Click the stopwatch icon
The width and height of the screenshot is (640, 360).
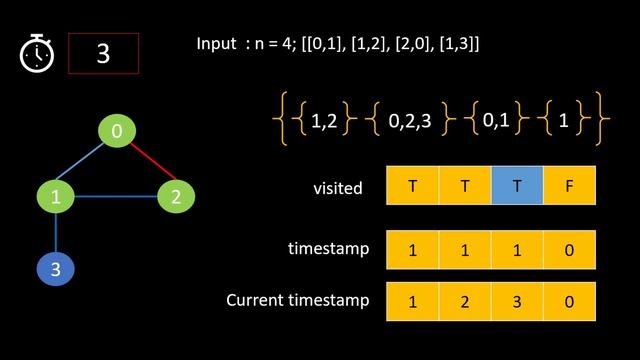pos(36,53)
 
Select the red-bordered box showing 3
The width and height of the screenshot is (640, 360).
pos(103,53)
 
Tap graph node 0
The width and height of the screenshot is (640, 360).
pos(117,131)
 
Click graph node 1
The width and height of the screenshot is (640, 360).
pos(56,196)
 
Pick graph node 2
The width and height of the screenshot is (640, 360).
pos(176,196)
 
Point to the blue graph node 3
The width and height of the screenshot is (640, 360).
pos(56,268)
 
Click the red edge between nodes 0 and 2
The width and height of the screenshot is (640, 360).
pos(147,164)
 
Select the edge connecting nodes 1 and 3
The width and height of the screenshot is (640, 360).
pos(56,232)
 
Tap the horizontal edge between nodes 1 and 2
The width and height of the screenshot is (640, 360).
pos(116,196)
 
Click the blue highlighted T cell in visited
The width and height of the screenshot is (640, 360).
pos(517,186)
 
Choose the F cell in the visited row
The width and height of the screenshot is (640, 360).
pos(569,186)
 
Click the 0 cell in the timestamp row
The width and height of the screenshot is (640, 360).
pos(569,250)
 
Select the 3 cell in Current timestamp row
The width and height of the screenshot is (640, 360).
pos(517,301)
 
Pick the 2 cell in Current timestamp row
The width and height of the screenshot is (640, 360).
pos(465,301)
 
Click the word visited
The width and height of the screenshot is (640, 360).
pos(338,188)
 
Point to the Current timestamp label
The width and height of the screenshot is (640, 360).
pos(297,300)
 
